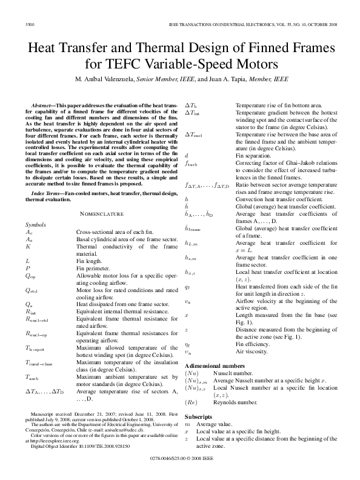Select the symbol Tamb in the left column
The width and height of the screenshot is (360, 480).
pos(32,376)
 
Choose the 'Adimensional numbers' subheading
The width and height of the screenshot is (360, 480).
pos(213,367)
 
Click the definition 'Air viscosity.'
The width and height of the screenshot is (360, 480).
pos(254,352)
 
